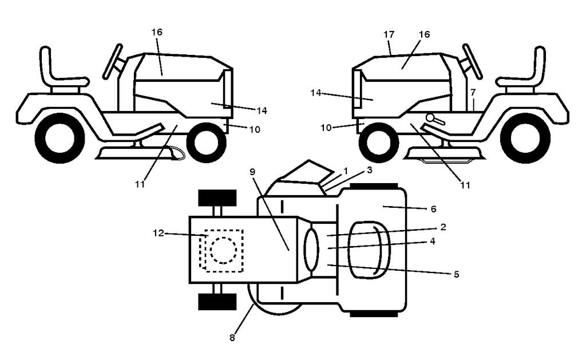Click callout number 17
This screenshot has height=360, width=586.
[x=389, y=34]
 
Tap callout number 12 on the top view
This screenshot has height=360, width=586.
[x=159, y=233]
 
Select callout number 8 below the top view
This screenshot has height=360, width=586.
[x=232, y=338]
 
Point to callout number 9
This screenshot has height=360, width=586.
[x=252, y=172]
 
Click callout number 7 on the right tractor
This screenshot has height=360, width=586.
[x=473, y=92]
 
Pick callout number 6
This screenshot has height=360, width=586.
[x=433, y=209]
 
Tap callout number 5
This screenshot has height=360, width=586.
[x=456, y=274]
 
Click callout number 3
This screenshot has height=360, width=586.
[x=370, y=170]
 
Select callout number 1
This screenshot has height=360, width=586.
[x=345, y=171]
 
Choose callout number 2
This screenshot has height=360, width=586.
[x=443, y=227]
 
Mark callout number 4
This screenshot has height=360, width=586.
[x=433, y=241]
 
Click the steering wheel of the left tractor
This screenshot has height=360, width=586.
[x=113, y=61]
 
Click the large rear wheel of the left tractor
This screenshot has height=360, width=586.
[x=60, y=139]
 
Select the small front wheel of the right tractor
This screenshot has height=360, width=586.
[x=379, y=143]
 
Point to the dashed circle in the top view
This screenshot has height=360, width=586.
[x=223, y=251]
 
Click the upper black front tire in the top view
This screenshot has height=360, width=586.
[x=217, y=198]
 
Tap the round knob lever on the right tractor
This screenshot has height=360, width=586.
[x=435, y=119]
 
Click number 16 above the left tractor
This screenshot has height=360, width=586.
[x=157, y=32]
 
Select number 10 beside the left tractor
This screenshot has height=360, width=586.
[x=255, y=130]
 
